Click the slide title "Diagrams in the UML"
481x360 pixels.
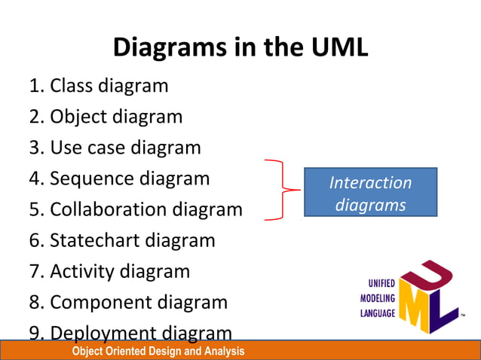240,48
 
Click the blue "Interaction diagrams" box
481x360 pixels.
370,193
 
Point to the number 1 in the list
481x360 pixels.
35,86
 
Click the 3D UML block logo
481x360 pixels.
427,296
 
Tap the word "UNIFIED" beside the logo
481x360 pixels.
381,284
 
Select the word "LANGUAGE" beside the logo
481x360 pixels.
378,313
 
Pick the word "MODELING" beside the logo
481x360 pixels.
378,298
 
